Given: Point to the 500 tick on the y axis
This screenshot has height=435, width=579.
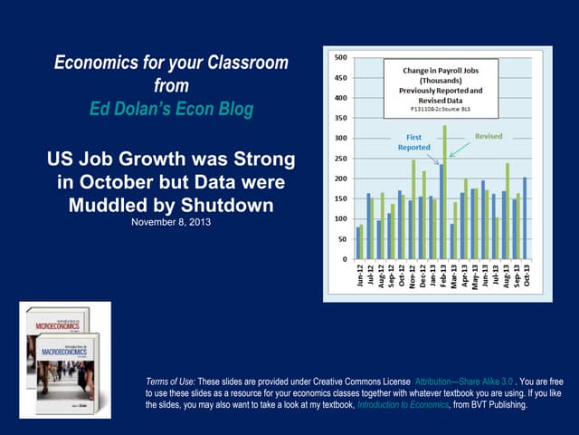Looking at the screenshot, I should click(339, 57).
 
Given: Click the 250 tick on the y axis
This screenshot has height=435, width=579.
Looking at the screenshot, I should click(339, 159).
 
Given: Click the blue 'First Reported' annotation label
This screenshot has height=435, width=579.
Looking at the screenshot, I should click(414, 140).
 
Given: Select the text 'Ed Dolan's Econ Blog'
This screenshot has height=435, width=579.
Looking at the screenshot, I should click(172, 109).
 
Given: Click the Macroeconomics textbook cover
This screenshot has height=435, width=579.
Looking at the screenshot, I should click(68, 362).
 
